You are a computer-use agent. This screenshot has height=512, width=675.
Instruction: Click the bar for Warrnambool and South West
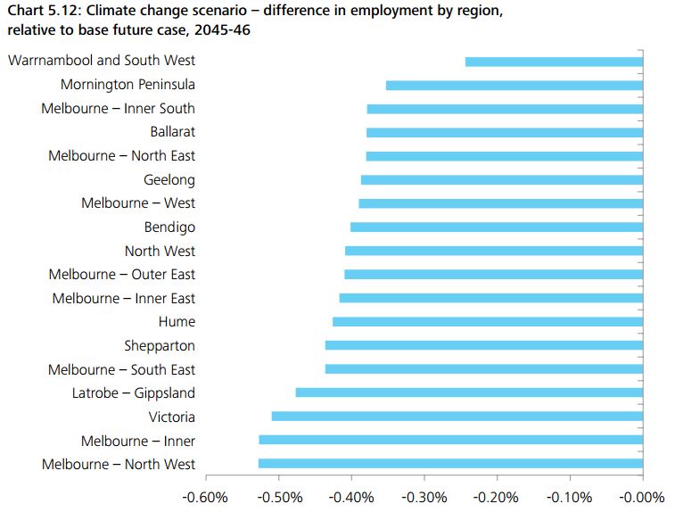(x=554, y=62)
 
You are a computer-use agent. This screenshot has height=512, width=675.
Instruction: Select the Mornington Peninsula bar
(x=514, y=86)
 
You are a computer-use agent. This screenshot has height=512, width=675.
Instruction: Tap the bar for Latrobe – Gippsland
(x=469, y=392)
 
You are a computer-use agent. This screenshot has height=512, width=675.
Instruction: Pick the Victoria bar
(x=457, y=417)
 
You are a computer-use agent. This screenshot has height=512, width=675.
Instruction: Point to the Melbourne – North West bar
(x=450, y=464)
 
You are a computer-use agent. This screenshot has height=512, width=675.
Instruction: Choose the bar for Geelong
(x=501, y=180)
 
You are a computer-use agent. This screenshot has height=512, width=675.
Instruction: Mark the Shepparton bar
(x=483, y=345)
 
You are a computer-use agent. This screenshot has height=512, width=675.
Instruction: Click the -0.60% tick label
(x=205, y=497)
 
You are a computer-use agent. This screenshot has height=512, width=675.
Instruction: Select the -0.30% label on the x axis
(x=424, y=497)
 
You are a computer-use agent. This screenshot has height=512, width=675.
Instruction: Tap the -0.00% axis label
(x=642, y=497)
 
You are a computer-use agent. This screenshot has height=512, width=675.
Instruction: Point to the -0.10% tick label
(x=569, y=497)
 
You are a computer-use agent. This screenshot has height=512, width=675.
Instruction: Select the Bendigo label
(x=169, y=227)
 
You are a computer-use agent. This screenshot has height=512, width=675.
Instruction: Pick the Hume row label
(x=177, y=322)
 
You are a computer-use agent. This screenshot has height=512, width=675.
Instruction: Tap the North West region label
(x=160, y=252)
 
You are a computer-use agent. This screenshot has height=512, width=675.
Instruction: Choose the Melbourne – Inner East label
(x=123, y=298)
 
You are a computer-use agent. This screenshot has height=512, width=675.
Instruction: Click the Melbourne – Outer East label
(x=121, y=275)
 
